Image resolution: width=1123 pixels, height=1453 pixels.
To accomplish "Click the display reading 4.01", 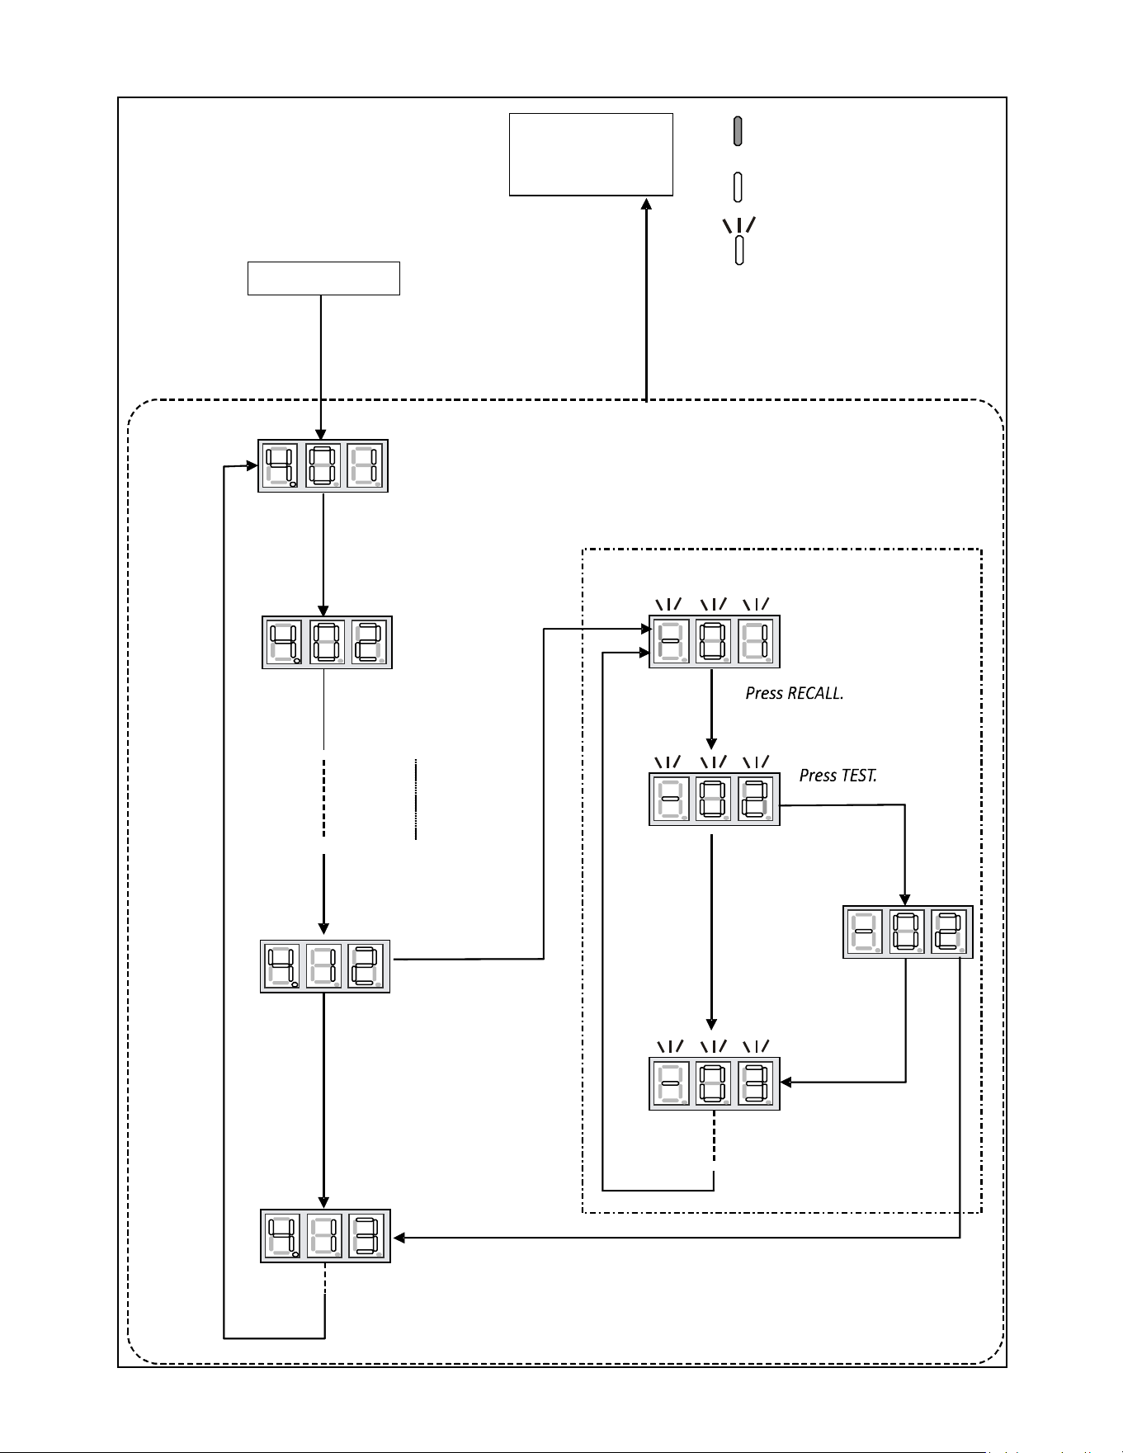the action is (323, 466).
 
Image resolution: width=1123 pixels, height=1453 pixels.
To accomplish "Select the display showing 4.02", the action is (327, 642).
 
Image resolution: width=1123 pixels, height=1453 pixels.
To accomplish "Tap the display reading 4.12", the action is (325, 966).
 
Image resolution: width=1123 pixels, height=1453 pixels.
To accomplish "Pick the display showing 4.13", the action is (325, 1236).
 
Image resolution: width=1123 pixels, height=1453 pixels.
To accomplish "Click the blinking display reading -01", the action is (715, 641).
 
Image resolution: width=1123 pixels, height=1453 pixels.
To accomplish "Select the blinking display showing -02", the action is (715, 800).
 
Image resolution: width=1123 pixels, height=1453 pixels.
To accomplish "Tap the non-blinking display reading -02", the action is (908, 932).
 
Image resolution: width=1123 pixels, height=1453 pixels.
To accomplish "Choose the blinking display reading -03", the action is (715, 1083).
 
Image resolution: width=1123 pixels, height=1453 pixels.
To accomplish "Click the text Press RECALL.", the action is (795, 694).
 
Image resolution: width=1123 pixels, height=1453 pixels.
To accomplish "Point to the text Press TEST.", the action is (838, 776).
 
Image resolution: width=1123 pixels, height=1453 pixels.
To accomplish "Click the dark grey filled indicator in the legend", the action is (738, 131).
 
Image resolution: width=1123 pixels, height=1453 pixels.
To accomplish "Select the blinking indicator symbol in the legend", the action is (739, 241).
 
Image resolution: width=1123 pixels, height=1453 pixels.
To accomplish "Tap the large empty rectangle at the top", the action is (591, 154).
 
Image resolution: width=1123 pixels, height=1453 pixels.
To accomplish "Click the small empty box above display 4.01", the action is (323, 278).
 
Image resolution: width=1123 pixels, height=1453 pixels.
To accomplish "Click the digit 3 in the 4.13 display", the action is (367, 1236).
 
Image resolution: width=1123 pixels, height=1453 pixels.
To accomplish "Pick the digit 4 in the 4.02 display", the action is (281, 642).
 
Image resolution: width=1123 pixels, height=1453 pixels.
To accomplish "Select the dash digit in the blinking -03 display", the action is (670, 1083).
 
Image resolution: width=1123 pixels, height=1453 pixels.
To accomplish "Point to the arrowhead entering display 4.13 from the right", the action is (401, 1238).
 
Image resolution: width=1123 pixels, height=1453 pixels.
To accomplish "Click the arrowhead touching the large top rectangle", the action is (646, 203).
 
